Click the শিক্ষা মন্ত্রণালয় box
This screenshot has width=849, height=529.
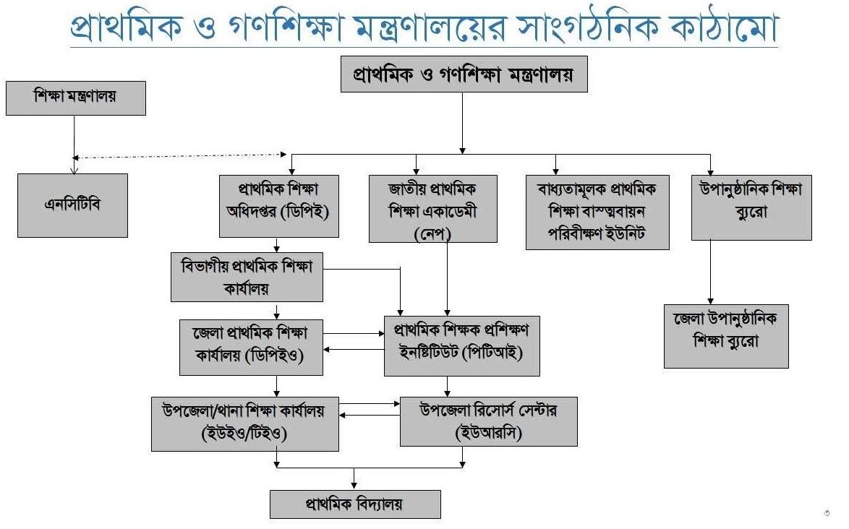pos(76,98)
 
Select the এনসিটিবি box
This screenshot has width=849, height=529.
pos(72,205)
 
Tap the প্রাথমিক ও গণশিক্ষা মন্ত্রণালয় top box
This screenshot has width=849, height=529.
pos(464,74)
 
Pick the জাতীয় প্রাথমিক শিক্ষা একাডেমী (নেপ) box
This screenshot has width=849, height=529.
pos(433,207)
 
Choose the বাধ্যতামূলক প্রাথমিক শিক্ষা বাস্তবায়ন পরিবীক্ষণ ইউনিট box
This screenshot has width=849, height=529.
pos(597,211)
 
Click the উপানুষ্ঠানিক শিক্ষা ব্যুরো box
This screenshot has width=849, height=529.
pos(751,206)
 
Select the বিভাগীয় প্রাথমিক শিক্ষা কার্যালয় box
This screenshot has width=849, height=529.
pos(247,276)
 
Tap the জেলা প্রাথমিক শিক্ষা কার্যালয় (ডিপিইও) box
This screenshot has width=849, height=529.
pos(251,348)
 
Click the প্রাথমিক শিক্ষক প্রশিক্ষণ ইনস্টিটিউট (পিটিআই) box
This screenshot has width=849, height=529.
pos(461,345)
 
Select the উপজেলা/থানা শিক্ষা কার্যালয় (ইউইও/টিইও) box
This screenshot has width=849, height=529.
pos(246,423)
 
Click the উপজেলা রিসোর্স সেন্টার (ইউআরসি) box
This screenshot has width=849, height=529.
pos(489,421)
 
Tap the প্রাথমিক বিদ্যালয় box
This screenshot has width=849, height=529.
pos(355,504)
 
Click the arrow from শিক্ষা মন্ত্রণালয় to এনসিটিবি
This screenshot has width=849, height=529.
pos(73,145)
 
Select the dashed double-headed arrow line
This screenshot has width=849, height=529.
pos(181,155)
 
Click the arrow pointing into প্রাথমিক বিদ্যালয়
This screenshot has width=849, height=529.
pos(354,478)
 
